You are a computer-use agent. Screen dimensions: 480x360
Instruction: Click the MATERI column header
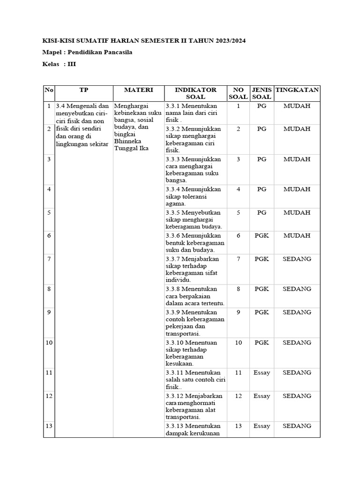coord(138,90)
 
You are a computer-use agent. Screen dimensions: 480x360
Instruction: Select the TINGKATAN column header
coord(297,90)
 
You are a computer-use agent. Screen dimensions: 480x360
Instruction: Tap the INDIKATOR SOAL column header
coord(195,93)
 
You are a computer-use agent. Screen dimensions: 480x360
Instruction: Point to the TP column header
coord(83,90)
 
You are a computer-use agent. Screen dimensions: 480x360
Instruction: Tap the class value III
coord(72,64)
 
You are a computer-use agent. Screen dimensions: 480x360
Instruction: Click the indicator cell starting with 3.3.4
coord(195,196)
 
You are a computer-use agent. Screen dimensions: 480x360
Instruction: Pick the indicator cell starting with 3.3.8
coord(195,296)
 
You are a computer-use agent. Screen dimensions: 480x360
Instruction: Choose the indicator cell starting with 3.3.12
coord(195,406)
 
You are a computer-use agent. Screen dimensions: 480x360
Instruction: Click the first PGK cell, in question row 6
coord(262,235)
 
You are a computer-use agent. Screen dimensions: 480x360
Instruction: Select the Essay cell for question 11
coord(262,373)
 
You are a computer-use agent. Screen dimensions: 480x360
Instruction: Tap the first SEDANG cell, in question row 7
coord(297,258)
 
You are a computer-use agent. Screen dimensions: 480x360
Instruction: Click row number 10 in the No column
coord(49,343)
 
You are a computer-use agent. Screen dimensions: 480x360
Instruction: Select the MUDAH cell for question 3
coord(297,159)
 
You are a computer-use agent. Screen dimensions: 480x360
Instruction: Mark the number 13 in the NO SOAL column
coord(238,426)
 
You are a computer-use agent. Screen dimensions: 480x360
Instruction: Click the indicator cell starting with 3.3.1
coord(195,112)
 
